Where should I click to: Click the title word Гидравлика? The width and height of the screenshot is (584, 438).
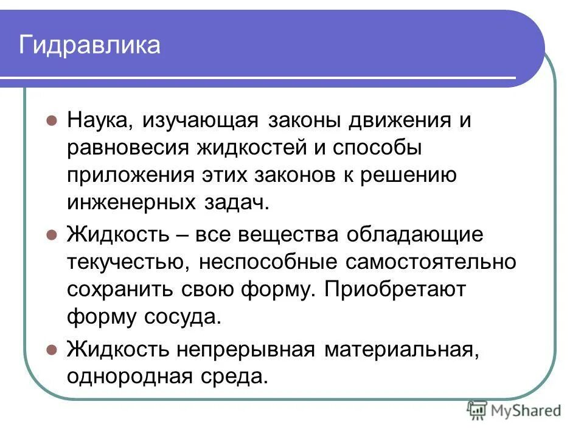click(x=89, y=45)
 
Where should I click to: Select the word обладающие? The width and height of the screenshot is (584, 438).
click(x=415, y=234)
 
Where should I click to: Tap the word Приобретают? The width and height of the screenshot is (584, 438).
click(x=395, y=290)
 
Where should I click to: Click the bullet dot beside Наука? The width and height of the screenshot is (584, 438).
click(x=52, y=120)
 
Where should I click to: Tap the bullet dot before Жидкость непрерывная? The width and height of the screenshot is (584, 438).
click(x=52, y=349)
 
